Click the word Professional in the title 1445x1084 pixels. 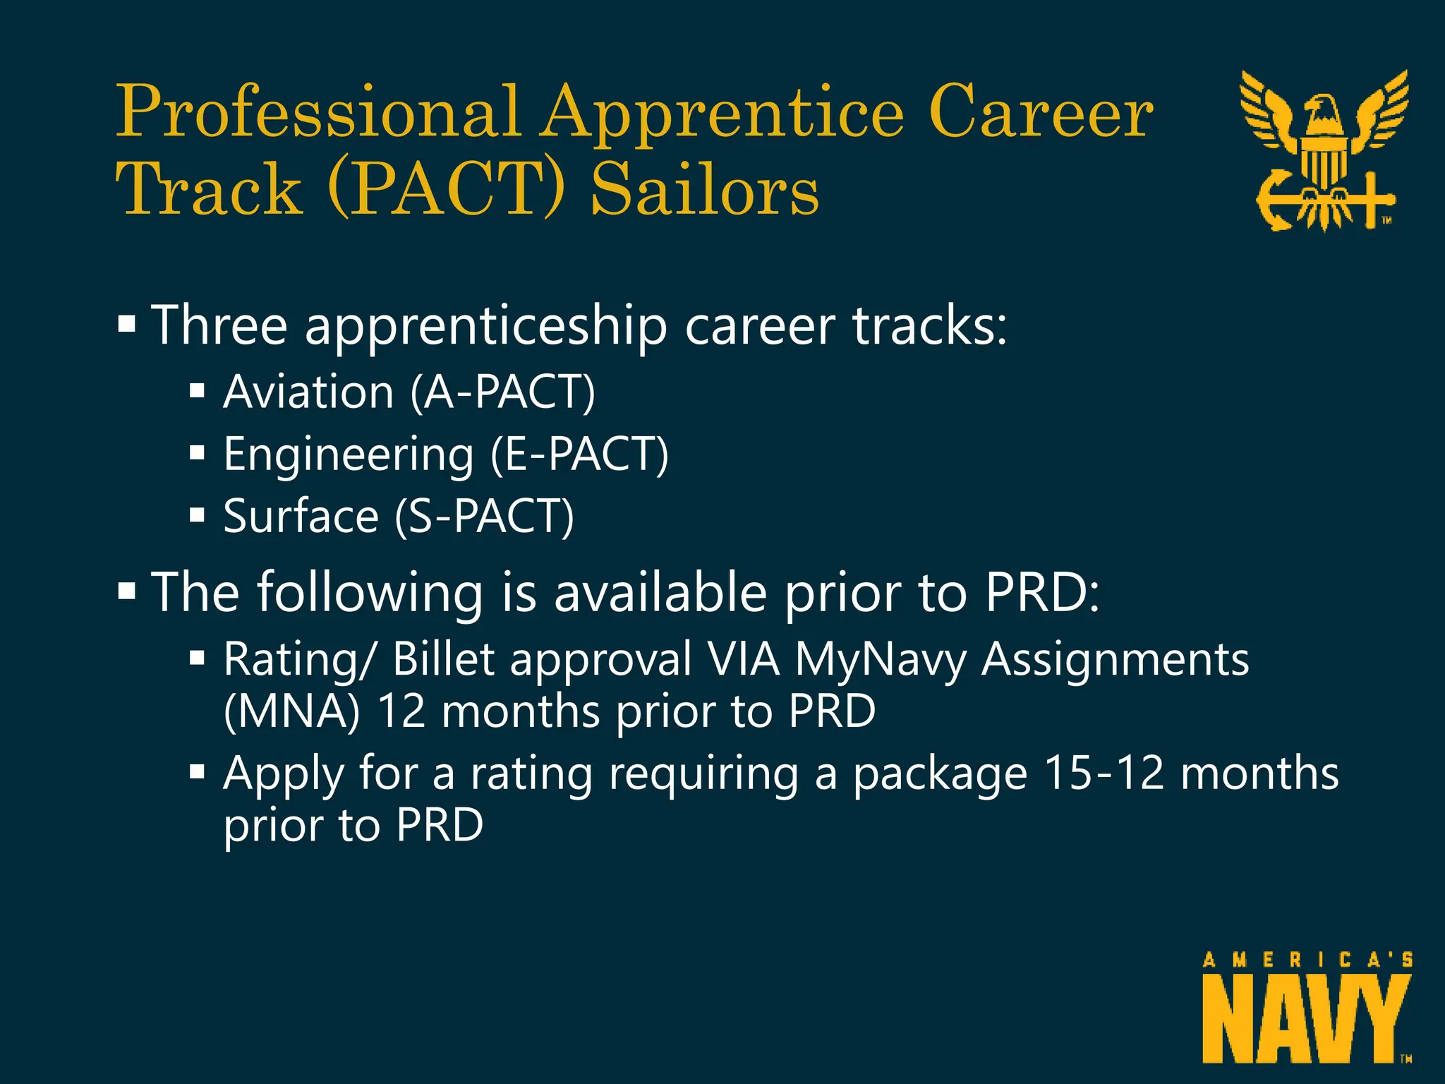click(x=318, y=113)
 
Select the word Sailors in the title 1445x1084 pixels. click(x=706, y=189)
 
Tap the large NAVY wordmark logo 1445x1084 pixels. click(x=1307, y=1019)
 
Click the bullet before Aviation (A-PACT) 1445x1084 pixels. click(x=197, y=391)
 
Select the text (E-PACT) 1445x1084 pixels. click(x=579, y=454)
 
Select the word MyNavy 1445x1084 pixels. click(x=880, y=660)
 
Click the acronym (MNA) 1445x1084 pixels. click(x=291, y=711)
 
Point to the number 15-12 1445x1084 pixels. click(x=1104, y=773)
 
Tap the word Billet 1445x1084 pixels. click(x=443, y=660)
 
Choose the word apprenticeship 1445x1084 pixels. click(x=486, y=327)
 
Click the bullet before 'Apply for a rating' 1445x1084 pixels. click(x=197, y=772)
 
